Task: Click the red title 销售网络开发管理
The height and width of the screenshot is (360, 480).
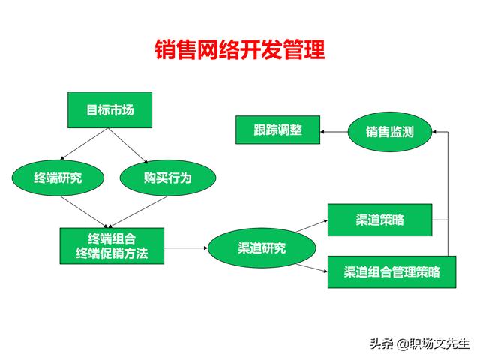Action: point(240,49)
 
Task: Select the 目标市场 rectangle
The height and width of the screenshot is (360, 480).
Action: point(110,110)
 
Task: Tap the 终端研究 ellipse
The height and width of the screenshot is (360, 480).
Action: point(58,178)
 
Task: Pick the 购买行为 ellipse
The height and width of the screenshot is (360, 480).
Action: point(168,178)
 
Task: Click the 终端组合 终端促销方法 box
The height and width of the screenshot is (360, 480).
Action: point(112,246)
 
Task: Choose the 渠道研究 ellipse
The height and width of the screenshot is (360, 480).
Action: point(262,248)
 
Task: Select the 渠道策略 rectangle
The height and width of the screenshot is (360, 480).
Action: point(380,220)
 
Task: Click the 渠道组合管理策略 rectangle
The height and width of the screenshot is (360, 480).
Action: point(391,271)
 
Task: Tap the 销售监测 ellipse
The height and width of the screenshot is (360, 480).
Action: point(390,132)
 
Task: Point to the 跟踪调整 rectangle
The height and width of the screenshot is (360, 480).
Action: point(278,130)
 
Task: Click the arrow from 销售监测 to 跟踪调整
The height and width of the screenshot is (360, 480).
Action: point(334,132)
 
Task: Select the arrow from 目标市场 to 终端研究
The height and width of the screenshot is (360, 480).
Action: point(84,144)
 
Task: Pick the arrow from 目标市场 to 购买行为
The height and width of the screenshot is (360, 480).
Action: point(128,145)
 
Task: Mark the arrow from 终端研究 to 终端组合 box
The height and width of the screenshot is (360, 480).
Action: point(85,211)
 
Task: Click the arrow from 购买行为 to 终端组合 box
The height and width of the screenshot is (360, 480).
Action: point(138,211)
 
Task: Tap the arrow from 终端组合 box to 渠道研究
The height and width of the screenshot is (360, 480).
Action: point(186,247)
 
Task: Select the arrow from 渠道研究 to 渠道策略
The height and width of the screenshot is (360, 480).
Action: point(312,226)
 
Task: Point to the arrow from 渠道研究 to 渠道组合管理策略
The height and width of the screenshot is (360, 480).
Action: point(312,268)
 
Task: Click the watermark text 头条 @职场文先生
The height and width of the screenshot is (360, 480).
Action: point(420,343)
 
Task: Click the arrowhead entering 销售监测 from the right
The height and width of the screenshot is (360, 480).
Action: point(434,132)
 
